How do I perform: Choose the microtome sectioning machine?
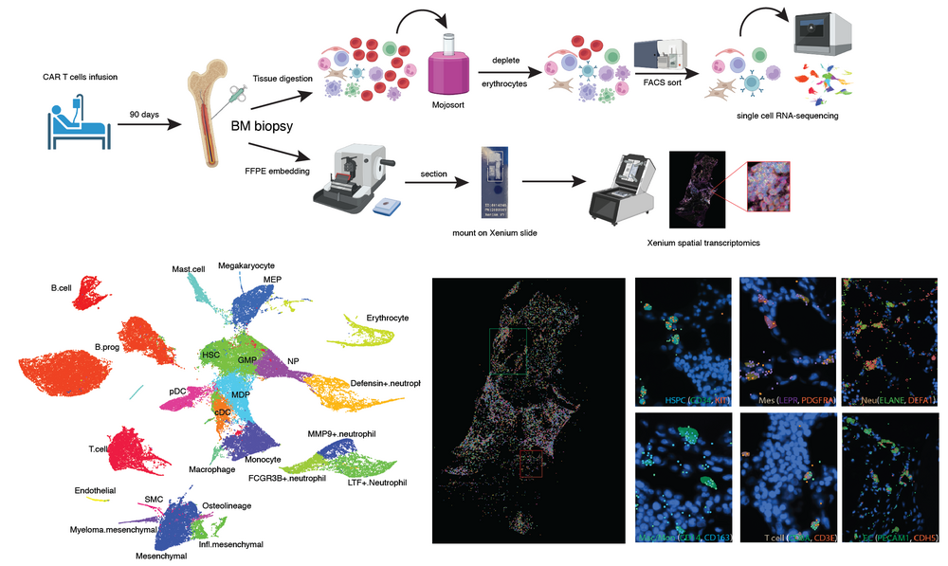356,176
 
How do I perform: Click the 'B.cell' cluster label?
61,285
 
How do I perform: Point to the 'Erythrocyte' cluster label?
387,317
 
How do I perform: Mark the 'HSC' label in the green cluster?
211,354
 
